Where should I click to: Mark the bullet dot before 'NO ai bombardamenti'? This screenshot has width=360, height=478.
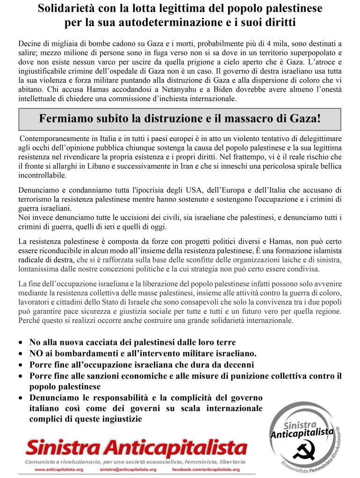pyautogui.click(x=21, y=353)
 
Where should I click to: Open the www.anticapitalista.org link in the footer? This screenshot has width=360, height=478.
pyautogui.click(x=59, y=469)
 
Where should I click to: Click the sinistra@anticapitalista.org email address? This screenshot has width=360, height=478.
pyautogui.click(x=128, y=469)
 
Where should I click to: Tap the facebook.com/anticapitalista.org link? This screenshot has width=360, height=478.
pyautogui.click(x=206, y=469)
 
